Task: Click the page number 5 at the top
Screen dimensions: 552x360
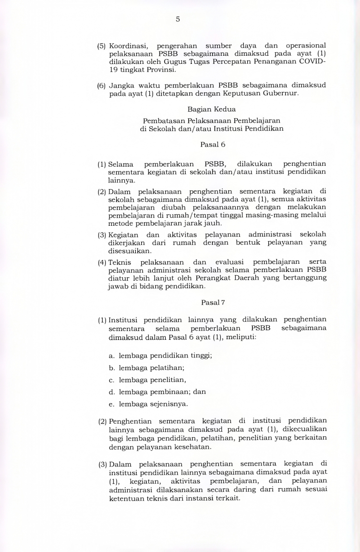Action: [178, 19]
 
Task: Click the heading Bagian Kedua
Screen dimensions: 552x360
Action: [212, 109]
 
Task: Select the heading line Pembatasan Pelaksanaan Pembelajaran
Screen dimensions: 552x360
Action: [212, 121]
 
